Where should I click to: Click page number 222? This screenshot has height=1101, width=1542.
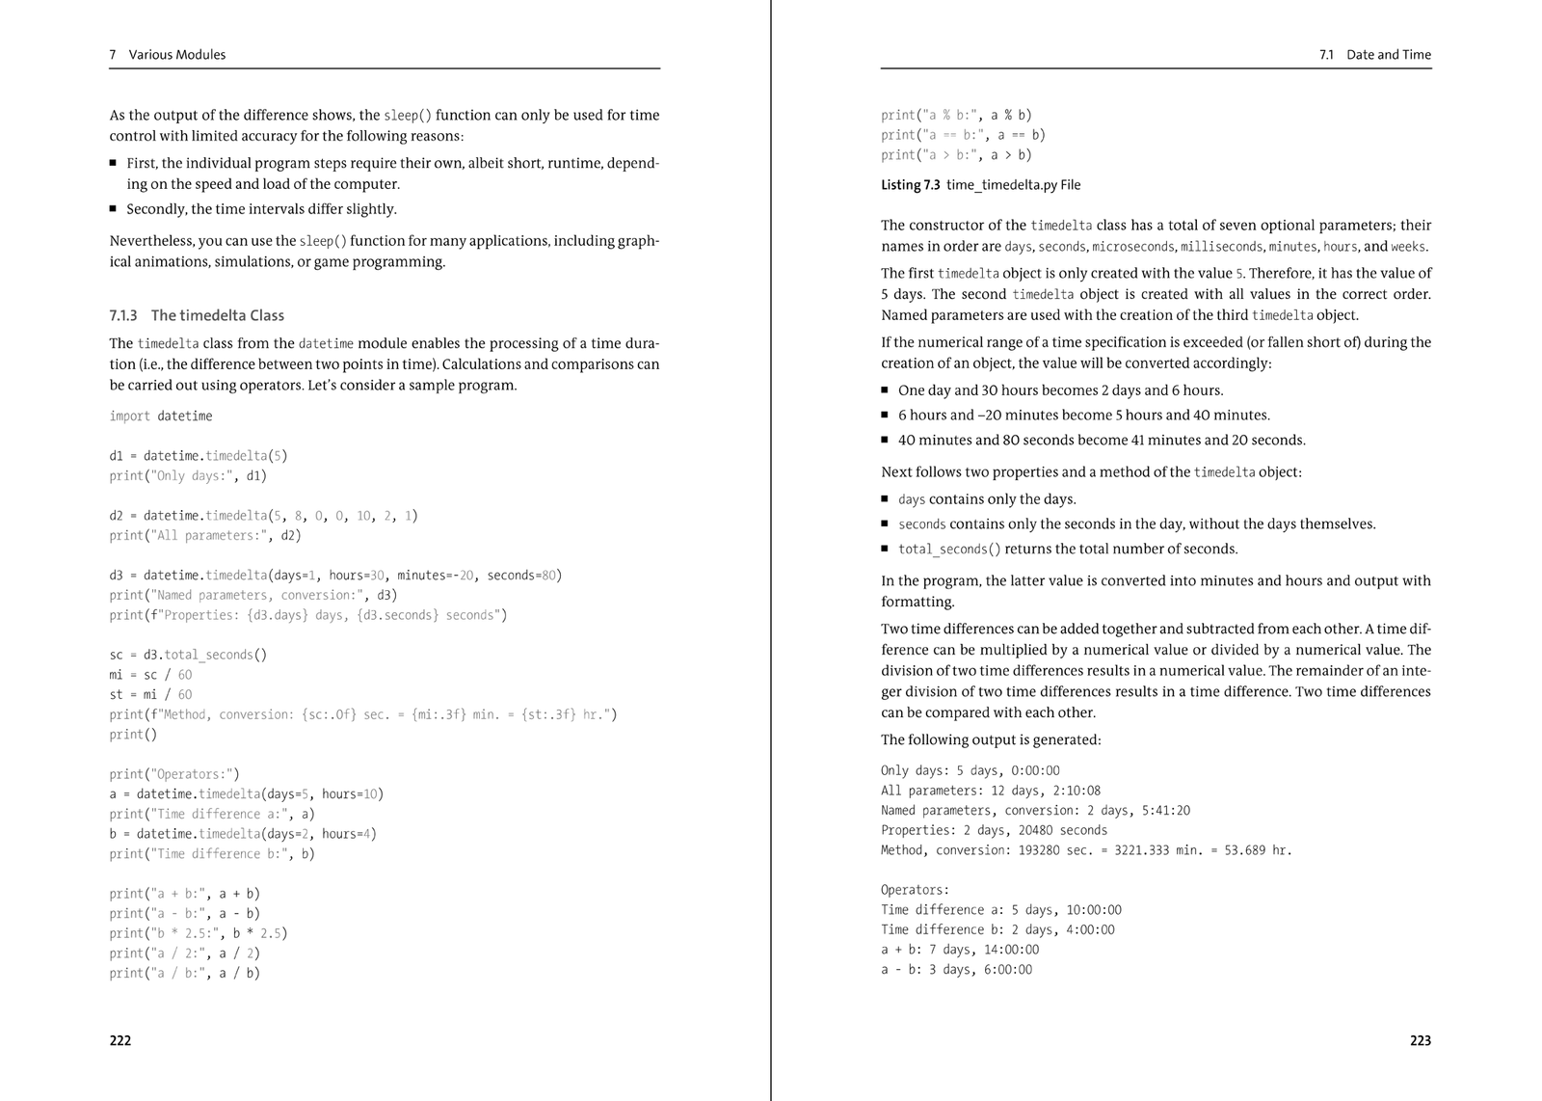tap(120, 1040)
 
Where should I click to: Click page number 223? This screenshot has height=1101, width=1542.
tap(1420, 1040)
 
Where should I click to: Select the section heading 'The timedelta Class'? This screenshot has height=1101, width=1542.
tap(218, 315)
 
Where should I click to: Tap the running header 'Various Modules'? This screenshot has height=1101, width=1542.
tap(177, 55)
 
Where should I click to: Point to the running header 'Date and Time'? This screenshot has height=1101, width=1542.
tap(1388, 55)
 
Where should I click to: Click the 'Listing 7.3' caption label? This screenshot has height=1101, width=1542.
tap(910, 185)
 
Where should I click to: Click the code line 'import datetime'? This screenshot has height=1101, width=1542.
tap(161, 416)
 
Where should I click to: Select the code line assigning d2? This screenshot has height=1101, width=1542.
tap(263, 516)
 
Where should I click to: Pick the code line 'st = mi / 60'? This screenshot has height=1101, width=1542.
tap(150, 694)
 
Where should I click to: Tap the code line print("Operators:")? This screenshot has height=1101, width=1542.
tap(174, 774)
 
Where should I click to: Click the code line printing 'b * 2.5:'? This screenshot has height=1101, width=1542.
tap(199, 933)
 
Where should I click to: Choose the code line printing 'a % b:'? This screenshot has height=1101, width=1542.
tap(956, 115)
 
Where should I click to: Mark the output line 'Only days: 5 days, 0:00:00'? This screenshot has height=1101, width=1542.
tap(970, 770)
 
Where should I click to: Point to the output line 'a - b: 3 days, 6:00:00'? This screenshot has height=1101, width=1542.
tap(956, 970)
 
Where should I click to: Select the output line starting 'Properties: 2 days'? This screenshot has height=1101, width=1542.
tap(994, 830)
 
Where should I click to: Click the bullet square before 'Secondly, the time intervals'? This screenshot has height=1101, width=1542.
tap(114, 209)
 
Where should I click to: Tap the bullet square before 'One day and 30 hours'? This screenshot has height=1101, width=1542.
tap(885, 390)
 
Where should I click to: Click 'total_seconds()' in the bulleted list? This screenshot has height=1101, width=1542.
tap(949, 550)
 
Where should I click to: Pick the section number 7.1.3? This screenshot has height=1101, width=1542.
tap(123, 315)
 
